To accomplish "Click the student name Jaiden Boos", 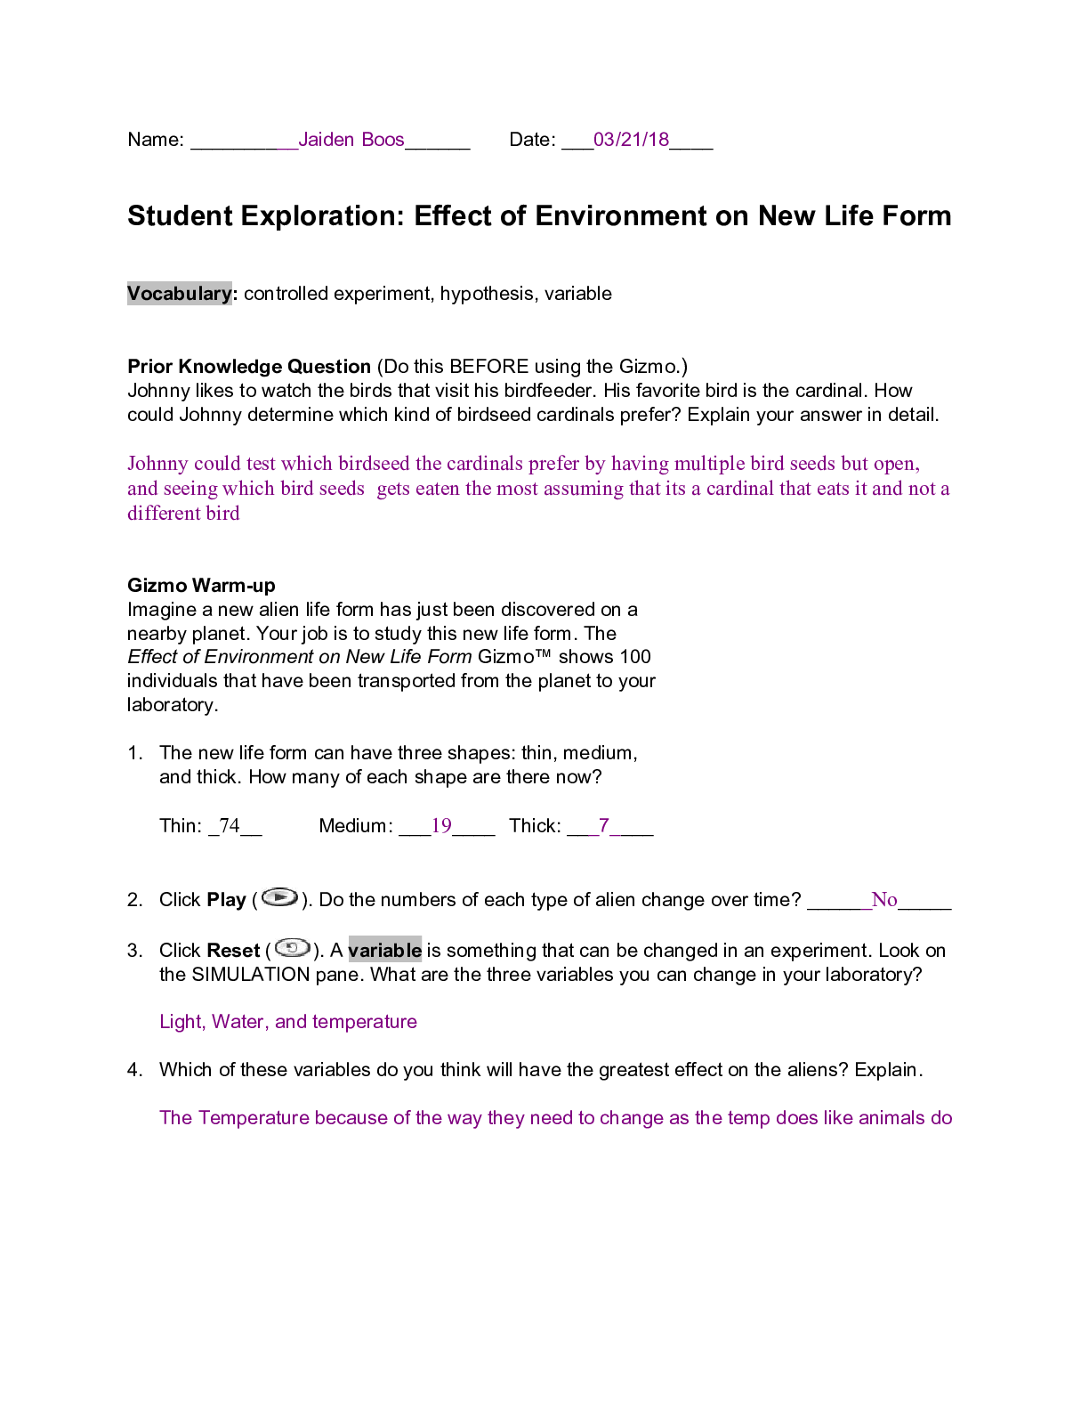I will click(x=351, y=140).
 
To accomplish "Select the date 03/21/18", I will click(x=631, y=140).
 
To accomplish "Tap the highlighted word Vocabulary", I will click(x=179, y=294).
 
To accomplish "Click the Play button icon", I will click(x=279, y=897).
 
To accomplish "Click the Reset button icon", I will click(x=292, y=948).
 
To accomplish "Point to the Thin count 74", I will click(x=230, y=826).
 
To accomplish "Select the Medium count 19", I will click(x=441, y=826).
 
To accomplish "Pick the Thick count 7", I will click(x=603, y=826).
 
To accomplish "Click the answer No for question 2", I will click(x=883, y=900).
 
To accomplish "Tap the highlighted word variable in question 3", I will click(x=384, y=951).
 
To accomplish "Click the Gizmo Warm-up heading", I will click(x=201, y=586).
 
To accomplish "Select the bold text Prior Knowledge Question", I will click(x=249, y=367).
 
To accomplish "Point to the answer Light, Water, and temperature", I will click(x=287, y=1022).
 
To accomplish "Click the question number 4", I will click(x=134, y=1070).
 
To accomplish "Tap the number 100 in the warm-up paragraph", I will click(x=635, y=657).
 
